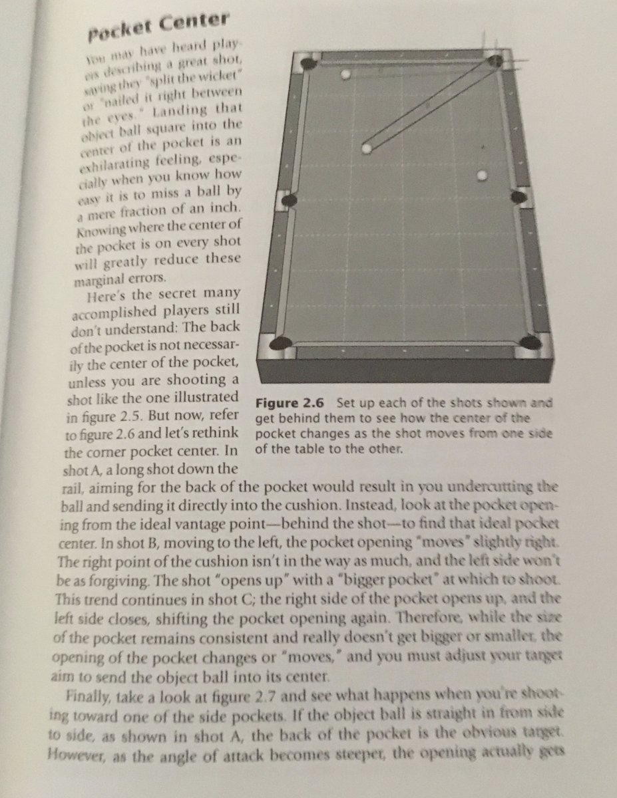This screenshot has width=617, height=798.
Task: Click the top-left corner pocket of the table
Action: coord(309,65)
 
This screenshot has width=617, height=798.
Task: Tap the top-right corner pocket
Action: coord(496,61)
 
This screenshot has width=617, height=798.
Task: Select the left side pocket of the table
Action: coord(290,199)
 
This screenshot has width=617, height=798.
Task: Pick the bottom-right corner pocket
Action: coord(530,342)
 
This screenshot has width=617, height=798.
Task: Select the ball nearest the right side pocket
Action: coord(483,175)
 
